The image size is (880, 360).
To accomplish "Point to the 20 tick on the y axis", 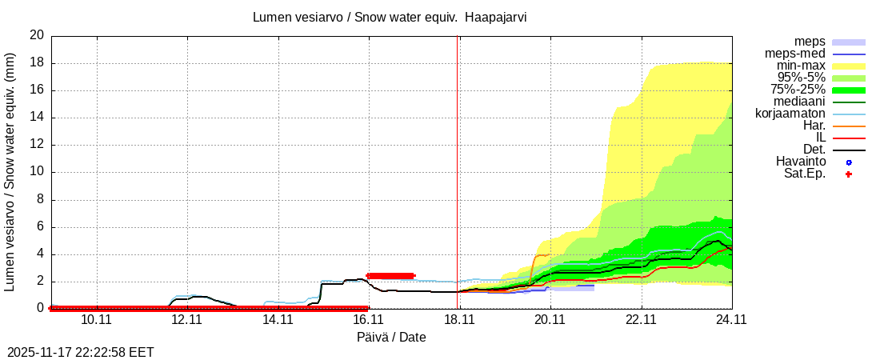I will click(37, 36).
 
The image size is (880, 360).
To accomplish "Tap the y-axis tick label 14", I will click(37, 118).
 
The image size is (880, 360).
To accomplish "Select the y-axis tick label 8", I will click(40, 199).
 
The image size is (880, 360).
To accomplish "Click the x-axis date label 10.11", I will click(95, 320).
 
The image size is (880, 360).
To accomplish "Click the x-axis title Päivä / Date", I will click(391, 338).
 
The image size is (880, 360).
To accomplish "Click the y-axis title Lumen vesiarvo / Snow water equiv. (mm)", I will click(10, 172).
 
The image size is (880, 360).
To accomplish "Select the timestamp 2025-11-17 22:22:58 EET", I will click(81, 352).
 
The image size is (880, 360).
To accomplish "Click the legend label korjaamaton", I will click(790, 114).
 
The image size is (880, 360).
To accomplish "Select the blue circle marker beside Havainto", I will click(849, 162).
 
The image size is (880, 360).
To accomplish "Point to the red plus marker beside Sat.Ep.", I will click(849, 174).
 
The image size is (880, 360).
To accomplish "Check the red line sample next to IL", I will click(849, 138).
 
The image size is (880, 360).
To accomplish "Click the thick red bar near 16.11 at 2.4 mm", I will click(390, 276).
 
